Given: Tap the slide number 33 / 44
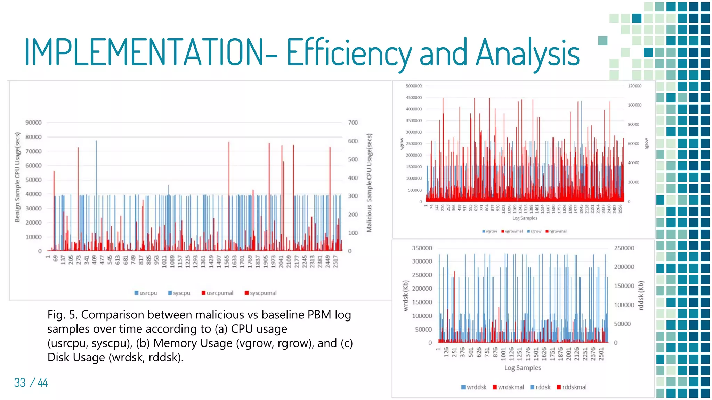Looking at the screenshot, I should coord(31,383).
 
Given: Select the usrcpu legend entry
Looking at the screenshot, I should coord(146,293).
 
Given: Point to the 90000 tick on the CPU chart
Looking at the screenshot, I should coord(33,123).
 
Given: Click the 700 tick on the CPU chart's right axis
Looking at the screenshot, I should coord(353,123).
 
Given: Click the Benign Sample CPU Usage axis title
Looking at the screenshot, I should coord(17,177).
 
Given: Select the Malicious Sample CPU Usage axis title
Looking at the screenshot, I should coord(369,183).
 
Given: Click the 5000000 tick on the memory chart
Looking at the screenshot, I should coord(414,86).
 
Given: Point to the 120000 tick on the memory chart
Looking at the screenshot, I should coord(634,86).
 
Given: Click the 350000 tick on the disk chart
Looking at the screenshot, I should coord(422,248).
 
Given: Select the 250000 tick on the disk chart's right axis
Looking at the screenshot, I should coord(624,248).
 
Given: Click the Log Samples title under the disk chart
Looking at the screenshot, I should coord(523,368).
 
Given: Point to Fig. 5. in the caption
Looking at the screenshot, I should coord(63,315).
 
